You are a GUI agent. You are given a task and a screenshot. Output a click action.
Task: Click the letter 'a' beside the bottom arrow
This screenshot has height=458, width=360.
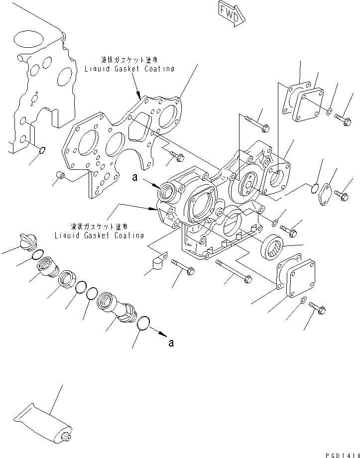click(x=171, y=343)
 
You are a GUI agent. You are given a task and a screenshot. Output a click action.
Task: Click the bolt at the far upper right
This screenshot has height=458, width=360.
click(x=343, y=118)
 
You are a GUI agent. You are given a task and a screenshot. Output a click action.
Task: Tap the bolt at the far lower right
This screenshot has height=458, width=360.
click(x=317, y=308)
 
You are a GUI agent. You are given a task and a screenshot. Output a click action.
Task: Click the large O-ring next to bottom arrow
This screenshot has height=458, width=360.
click(x=142, y=323)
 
